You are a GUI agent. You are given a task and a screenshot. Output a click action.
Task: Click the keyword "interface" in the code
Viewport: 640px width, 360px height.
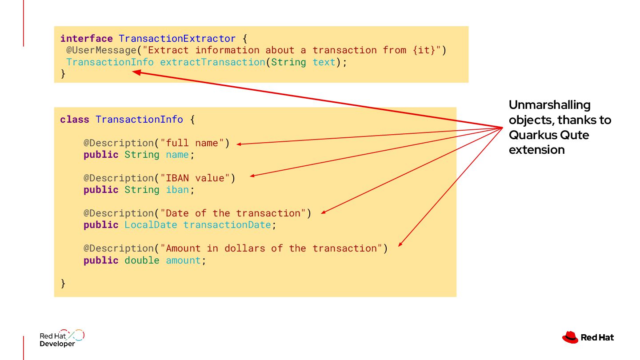tap(86, 38)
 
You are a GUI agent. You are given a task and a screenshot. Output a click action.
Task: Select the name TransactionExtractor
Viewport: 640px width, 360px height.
tap(177, 38)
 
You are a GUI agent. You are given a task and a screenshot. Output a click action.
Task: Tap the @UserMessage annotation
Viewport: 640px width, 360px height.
tap(101, 50)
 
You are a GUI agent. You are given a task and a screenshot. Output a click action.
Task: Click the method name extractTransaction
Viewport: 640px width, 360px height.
tap(212, 62)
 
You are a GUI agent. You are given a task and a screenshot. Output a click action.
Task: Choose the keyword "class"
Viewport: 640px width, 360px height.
tap(75, 120)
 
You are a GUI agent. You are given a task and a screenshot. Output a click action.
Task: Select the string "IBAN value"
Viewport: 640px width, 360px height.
tap(198, 178)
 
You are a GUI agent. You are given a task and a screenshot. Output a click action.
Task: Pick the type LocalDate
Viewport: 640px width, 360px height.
tap(151, 225)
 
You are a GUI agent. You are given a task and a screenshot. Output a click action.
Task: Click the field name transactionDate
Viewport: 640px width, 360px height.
tap(227, 225)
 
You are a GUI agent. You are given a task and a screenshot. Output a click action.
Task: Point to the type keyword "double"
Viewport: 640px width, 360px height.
tap(142, 260)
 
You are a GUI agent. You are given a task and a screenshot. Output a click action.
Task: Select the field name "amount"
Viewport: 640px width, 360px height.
tap(183, 260)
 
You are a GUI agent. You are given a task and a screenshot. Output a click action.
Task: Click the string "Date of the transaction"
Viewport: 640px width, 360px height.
tap(233, 213)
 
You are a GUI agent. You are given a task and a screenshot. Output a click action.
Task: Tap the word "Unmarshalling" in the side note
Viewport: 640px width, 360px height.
tap(549, 105)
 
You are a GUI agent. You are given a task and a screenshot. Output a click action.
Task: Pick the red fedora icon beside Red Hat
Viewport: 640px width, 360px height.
tap(570, 337)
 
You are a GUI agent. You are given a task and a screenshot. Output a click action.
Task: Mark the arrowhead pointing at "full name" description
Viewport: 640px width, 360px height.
tap(240, 144)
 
